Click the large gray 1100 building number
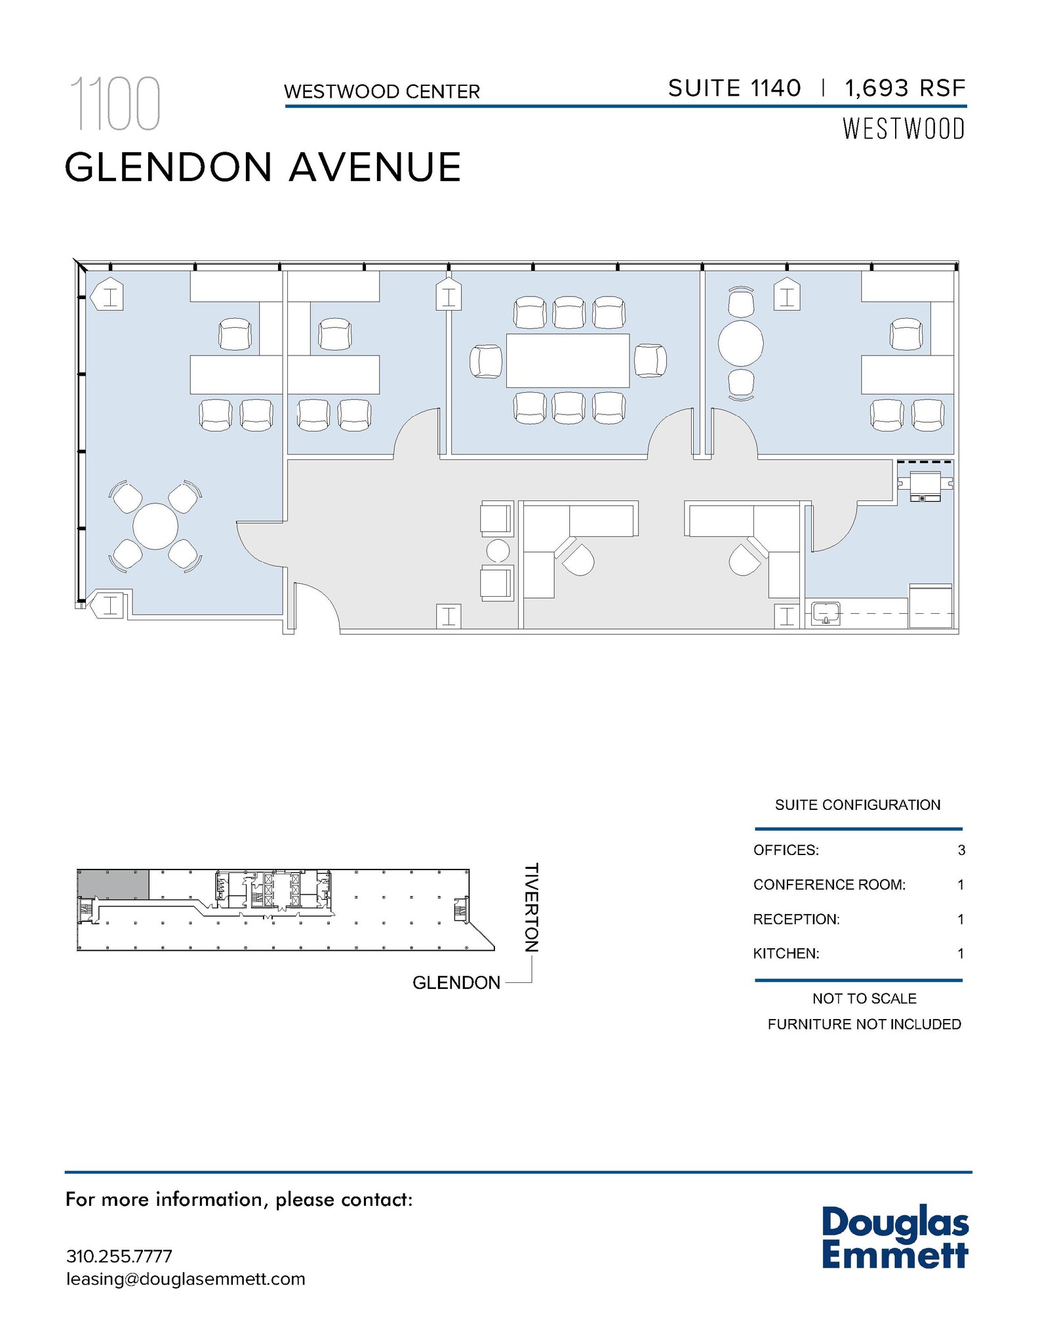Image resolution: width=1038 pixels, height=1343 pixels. (115, 104)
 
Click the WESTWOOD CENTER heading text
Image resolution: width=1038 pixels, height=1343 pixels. (382, 92)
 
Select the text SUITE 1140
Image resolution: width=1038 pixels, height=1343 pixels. (734, 88)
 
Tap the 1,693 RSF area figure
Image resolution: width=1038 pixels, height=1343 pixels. (905, 88)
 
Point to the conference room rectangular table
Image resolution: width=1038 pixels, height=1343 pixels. (567, 361)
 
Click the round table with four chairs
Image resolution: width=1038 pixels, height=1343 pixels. (155, 526)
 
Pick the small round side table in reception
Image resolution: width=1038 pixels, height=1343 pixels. (498, 550)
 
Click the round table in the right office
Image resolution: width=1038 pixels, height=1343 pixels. (740, 343)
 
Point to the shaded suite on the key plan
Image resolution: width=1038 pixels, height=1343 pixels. (113, 885)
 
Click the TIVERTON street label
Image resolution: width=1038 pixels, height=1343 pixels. (531, 908)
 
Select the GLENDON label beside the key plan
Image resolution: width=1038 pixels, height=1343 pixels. (456, 982)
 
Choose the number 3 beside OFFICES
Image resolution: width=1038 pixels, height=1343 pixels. (961, 851)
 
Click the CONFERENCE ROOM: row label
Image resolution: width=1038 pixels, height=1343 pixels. (829, 885)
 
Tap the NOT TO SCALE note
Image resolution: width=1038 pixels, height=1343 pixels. (864, 999)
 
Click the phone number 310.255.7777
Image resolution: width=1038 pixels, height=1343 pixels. (119, 1256)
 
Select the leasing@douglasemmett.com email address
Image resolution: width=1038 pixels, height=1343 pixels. (186, 1279)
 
